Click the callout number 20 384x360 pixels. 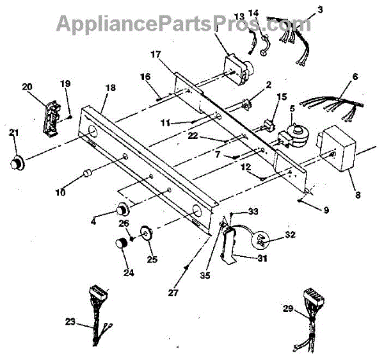click(44, 86)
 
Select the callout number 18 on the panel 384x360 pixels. click(110, 87)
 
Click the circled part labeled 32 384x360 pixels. click(262, 241)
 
